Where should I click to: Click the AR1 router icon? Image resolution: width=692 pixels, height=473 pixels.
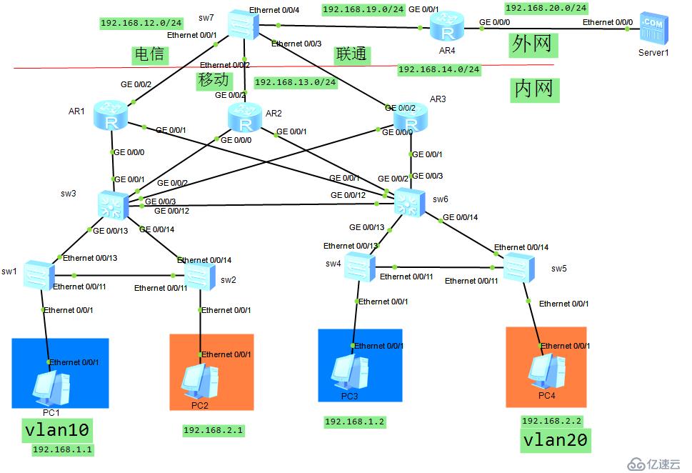[111, 116]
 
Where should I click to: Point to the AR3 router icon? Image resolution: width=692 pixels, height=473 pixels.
[411, 118]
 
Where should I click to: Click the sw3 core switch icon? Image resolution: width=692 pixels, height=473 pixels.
[112, 205]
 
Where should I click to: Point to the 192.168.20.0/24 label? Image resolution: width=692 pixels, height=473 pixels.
[546, 8]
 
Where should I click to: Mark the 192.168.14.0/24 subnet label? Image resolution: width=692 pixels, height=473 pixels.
[438, 69]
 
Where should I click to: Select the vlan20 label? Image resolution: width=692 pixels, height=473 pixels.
[555, 439]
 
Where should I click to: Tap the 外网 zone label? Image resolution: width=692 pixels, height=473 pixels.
[532, 44]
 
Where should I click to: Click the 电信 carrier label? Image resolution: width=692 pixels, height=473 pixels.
[149, 54]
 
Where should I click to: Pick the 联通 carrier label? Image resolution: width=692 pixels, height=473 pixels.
[351, 54]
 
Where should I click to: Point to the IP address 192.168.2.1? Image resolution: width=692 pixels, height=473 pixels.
[214, 430]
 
